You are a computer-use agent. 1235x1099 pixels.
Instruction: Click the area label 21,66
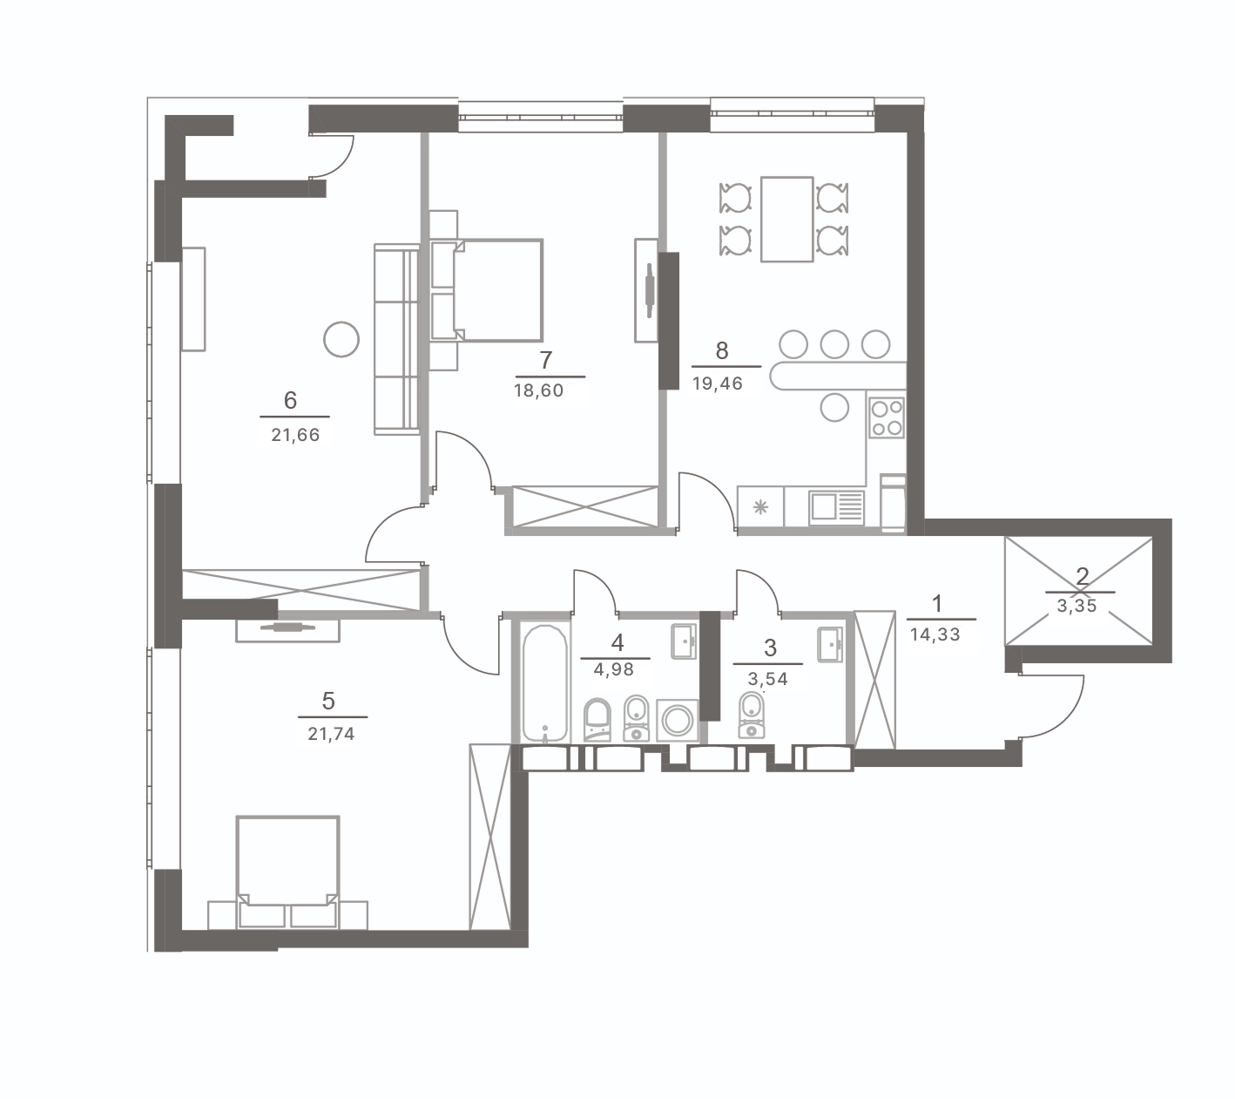point(295,435)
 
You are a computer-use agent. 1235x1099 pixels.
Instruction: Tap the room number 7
point(545,360)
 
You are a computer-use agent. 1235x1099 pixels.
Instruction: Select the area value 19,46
point(718,383)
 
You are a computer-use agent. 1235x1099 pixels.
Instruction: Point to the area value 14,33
point(935,634)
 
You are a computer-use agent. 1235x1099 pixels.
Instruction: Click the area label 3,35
point(1077,606)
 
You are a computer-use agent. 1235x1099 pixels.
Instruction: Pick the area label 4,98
point(614,669)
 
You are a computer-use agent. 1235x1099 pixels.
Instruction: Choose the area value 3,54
point(768,679)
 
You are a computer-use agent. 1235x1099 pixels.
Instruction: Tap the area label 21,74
point(331,734)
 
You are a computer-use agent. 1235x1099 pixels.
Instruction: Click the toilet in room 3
point(752,716)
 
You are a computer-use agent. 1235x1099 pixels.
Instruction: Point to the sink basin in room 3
point(830,643)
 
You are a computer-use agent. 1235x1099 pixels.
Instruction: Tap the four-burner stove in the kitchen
point(887,417)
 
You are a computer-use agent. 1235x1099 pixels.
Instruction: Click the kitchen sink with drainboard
point(836,507)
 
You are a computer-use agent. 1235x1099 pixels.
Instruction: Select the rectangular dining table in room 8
point(787,220)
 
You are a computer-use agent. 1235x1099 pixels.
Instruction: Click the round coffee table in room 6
point(341,339)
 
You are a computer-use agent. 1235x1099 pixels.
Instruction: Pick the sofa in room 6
point(397,339)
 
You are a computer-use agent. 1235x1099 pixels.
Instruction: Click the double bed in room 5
point(287,872)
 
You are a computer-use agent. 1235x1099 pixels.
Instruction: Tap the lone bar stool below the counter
point(834,407)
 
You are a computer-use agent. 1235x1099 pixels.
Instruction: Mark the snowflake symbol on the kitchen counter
point(760,507)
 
